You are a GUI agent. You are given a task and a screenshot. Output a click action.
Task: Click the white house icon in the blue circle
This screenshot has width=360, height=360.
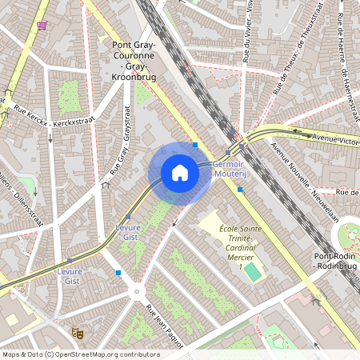(x=180, y=173)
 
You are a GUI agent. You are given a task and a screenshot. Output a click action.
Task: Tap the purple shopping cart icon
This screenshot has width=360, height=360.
(x=42, y=26)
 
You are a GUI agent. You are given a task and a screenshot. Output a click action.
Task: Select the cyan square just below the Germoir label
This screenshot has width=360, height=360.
(x=239, y=190)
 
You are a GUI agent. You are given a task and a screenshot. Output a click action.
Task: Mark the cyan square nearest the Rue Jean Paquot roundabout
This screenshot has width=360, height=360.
(x=118, y=273)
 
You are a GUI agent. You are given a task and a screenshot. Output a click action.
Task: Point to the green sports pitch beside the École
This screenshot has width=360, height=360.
(x=253, y=272)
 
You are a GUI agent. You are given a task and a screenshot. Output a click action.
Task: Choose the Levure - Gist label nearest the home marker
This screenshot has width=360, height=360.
(x=128, y=232)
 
